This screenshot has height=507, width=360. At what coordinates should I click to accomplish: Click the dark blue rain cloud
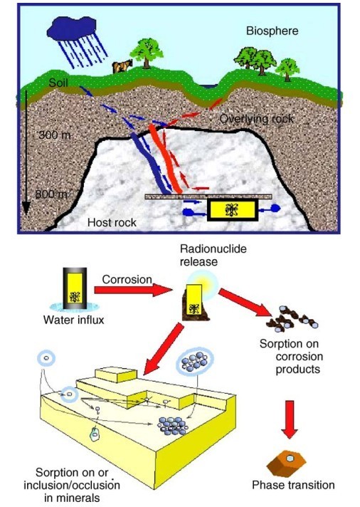pos(72,28)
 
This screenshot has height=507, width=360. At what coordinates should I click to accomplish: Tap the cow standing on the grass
pos(122,66)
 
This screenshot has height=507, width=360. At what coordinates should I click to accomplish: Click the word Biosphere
pos(272,31)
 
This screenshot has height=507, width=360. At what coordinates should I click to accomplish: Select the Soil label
pos(58,83)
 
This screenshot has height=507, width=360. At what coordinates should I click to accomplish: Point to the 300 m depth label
pos(54,135)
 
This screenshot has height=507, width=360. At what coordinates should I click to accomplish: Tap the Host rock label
pos(112,222)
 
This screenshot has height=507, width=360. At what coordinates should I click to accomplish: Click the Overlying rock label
pos(257,119)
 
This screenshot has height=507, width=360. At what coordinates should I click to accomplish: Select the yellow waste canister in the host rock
pos(233,210)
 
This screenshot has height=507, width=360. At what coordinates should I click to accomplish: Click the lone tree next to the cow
pos(147,53)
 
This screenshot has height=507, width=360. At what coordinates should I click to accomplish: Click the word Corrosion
pos(127,279)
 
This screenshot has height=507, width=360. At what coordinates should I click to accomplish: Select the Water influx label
pos(74,320)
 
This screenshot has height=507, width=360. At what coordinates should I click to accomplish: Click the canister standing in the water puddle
pos(75,288)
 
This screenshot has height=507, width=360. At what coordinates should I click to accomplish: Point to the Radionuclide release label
pos(213,255)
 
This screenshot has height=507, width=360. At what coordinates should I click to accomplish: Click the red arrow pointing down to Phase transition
pos(290,419)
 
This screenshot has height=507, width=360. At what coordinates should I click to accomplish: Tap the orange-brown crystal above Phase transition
pos(286,464)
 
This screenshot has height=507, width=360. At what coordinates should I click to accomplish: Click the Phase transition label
pos(293,485)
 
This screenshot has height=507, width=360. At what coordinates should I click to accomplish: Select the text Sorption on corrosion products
pos(291,356)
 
